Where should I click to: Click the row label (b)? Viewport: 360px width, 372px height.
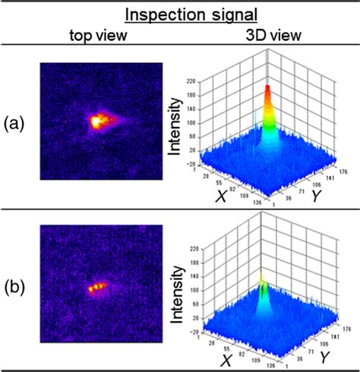click(17, 290)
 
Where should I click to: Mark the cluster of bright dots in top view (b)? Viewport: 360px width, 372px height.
click(98, 288)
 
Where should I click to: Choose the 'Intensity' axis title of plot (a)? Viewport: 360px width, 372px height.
click(175, 122)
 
